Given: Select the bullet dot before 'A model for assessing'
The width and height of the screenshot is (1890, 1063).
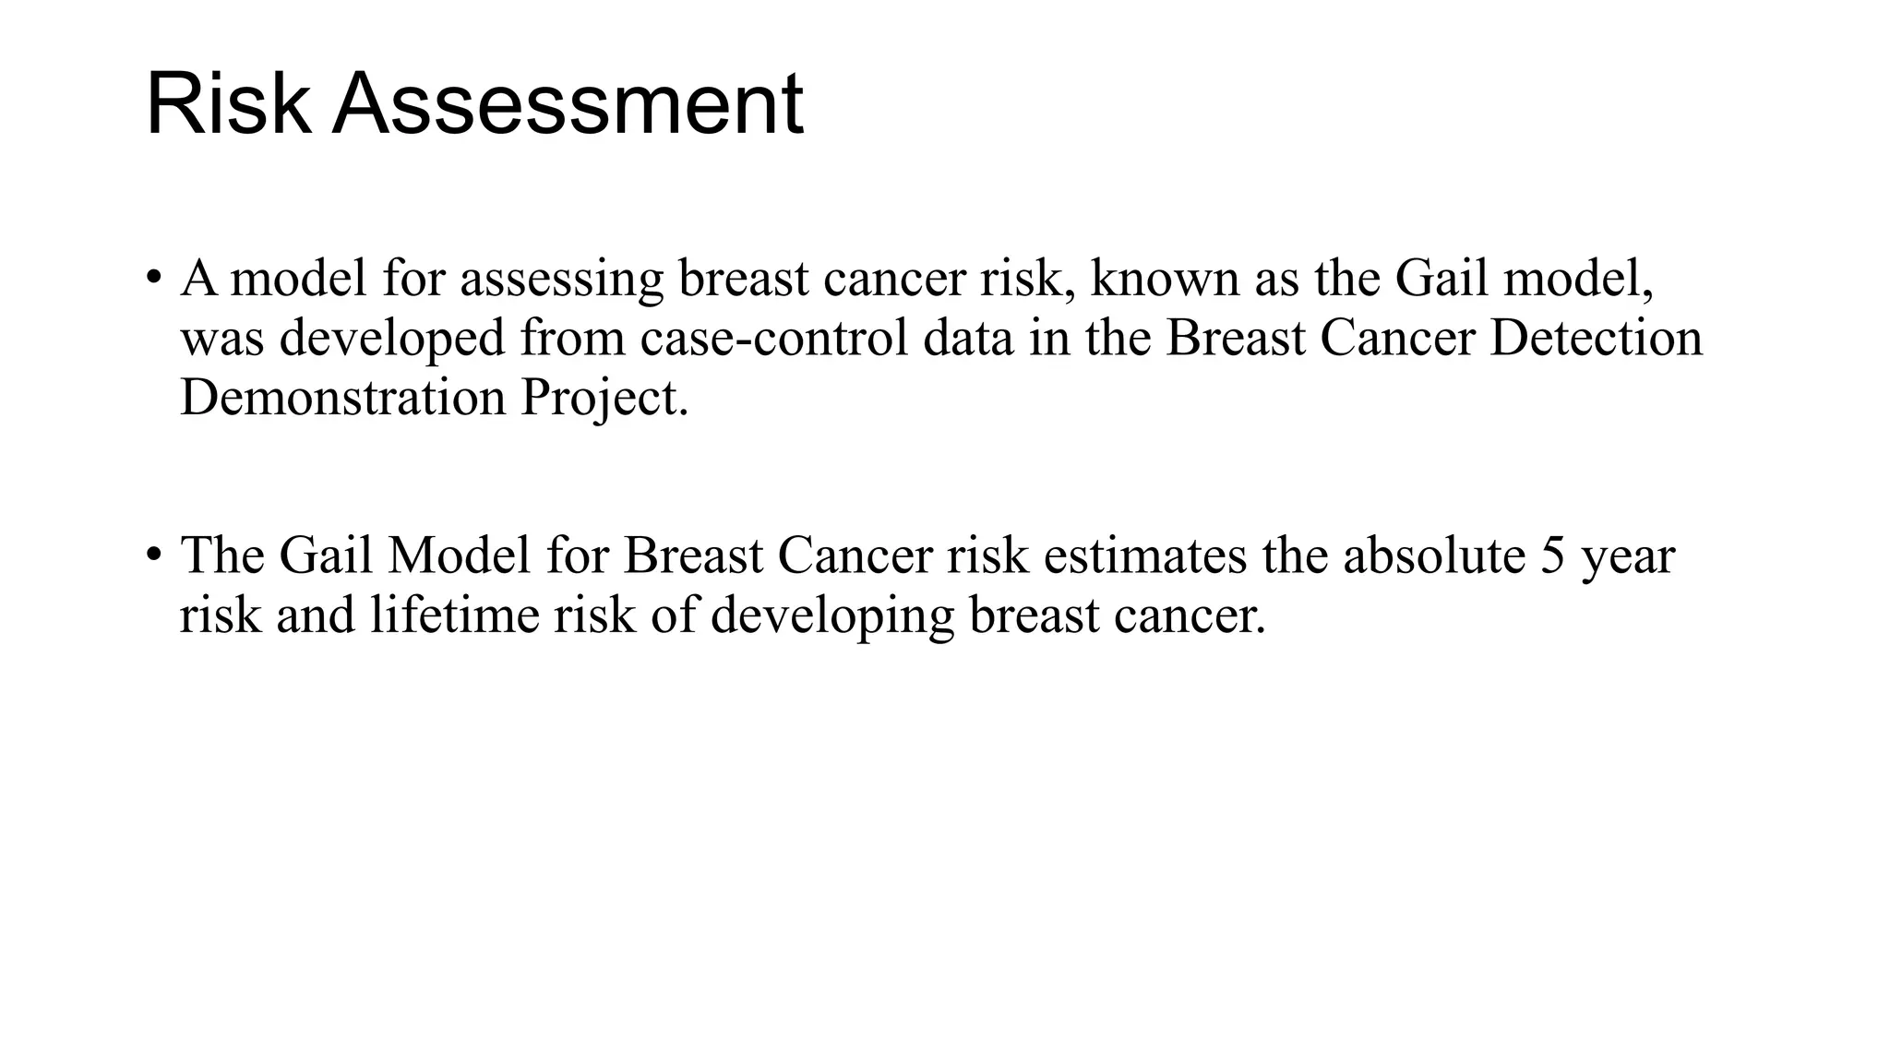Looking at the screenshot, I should click(154, 278).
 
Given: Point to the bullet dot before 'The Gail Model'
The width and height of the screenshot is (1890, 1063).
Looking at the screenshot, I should click(154, 555).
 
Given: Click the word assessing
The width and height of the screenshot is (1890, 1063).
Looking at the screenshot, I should click(561, 280).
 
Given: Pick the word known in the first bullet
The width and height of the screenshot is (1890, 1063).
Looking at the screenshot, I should click(1164, 278).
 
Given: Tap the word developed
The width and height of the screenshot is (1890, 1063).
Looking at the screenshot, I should click(392, 339).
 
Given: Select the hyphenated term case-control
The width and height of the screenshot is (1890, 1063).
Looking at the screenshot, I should click(773, 338).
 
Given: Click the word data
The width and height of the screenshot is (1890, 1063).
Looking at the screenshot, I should click(968, 338).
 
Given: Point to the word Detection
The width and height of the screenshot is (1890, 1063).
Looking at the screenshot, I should click(1596, 338).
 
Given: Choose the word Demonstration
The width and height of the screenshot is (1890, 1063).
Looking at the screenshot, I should click(342, 398).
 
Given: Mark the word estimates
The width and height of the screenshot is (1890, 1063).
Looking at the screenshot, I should click(1144, 555).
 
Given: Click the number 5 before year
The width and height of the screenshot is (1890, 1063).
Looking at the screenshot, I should click(1553, 555).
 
